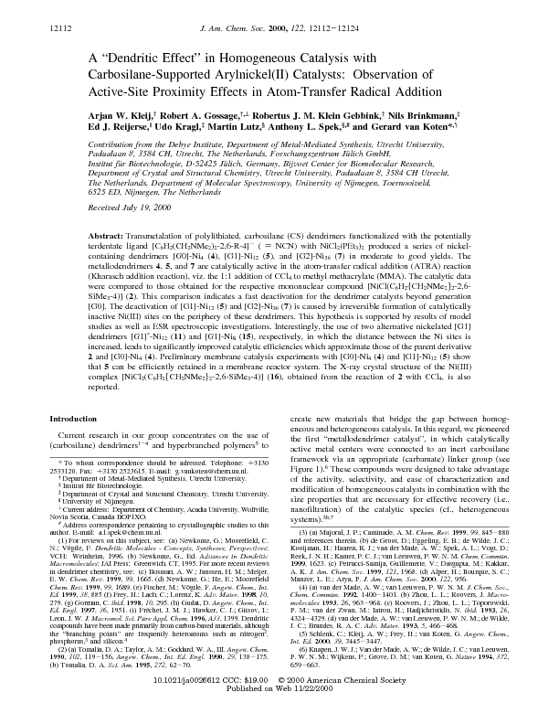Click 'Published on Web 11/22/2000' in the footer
pyautogui.click(x=279, y=708)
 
